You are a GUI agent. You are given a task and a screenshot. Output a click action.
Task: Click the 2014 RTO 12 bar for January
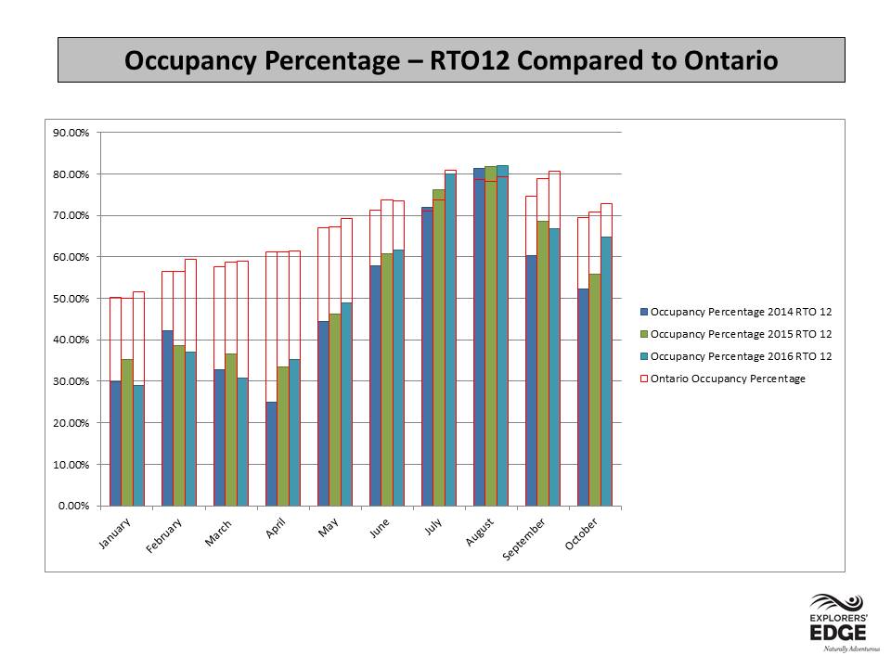click(115, 443)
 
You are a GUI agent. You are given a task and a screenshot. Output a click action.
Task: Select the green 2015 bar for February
click(179, 426)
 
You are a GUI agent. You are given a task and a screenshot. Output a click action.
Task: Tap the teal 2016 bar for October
click(606, 371)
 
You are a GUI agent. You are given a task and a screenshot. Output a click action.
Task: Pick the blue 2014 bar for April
click(272, 454)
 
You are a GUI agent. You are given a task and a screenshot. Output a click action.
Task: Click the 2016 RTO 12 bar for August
click(502, 336)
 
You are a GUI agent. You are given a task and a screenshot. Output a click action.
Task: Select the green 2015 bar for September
click(543, 363)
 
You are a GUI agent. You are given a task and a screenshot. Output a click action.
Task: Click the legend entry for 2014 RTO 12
click(736, 312)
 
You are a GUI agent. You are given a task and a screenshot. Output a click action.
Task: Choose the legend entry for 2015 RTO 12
click(736, 334)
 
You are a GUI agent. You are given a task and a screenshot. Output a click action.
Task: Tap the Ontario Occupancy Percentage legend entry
click(723, 379)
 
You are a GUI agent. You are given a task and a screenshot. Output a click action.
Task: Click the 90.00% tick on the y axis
click(71, 133)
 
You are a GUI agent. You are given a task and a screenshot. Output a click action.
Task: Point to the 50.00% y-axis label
click(71, 299)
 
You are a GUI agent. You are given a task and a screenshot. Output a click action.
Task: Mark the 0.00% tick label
click(74, 507)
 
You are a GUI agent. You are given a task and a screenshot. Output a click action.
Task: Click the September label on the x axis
click(523, 538)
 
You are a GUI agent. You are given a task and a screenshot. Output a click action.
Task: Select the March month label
click(218, 533)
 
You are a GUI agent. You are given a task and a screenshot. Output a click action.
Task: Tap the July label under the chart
click(433, 527)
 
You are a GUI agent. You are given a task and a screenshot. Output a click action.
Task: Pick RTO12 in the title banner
click(470, 60)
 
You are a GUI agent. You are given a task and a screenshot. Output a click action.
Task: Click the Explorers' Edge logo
click(839, 623)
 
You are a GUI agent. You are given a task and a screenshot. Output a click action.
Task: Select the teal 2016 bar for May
click(346, 404)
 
